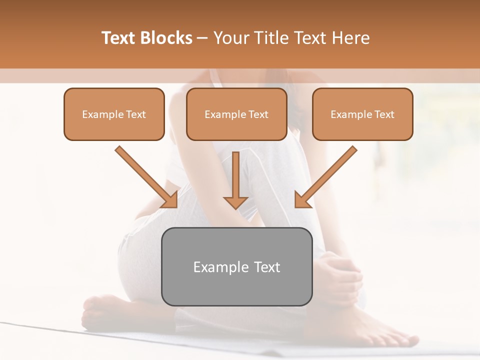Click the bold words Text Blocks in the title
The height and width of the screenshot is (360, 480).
pos(146,38)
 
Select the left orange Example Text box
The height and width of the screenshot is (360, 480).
pos(114,114)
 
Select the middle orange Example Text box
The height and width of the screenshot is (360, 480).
pos(236,114)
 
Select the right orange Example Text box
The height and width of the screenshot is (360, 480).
pos(362,114)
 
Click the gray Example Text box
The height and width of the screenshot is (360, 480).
pos(236,266)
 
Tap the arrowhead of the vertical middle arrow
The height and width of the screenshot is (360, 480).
pos(236,202)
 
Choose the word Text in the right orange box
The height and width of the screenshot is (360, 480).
pos(384,114)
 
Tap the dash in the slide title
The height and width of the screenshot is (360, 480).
pos(202,38)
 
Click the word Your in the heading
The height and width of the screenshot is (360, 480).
pos(230,38)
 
